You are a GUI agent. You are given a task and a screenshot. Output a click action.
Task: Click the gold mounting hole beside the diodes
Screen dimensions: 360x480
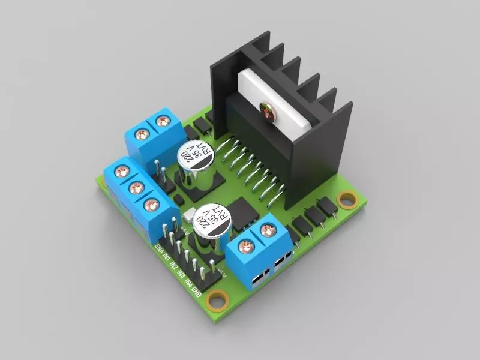(x=346, y=199)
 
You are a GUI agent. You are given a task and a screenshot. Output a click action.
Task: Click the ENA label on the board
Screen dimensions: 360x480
(x=158, y=250)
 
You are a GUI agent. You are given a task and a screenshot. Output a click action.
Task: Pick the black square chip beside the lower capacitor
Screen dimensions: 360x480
(x=242, y=212)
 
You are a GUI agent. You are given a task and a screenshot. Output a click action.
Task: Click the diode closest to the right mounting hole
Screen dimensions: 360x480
(x=327, y=206)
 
